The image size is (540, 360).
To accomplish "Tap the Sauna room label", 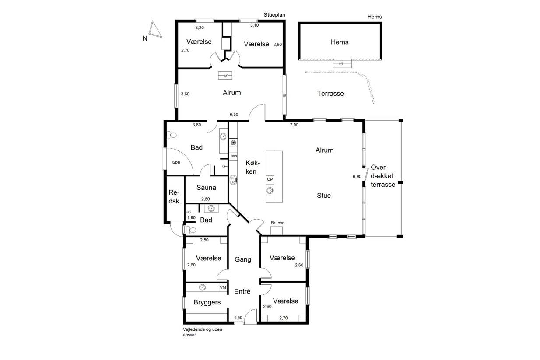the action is pos(206,188).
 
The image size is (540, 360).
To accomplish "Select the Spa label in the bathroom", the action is pos(176,162).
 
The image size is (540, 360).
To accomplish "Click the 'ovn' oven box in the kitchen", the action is pos(233,156).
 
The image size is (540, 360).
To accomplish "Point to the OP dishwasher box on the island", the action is pos(270,179).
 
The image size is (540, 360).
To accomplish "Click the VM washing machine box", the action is pos(223,287).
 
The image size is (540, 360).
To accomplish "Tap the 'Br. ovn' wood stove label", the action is pos(277,223).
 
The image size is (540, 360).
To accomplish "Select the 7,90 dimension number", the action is pos(294,125).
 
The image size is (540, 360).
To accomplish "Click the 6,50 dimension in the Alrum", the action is pos(234,115).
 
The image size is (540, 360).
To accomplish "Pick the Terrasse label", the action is pos(330,94).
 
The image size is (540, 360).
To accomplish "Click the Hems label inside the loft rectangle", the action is pos(340,42).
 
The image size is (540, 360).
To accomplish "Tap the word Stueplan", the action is pos(274,15).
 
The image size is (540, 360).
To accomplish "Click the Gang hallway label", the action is pos(243,259).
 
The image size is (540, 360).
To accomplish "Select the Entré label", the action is pos(242,291).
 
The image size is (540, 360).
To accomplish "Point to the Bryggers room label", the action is pos(207,302).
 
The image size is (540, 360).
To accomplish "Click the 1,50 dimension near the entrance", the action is pos(238,318).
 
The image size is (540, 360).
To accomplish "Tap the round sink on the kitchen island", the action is pos(270,191).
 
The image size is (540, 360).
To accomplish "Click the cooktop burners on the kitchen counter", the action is pos(233,180).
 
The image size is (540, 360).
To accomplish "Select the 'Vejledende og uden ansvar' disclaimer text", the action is pos(202,332).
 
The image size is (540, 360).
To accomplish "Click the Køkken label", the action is pos(252,167).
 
